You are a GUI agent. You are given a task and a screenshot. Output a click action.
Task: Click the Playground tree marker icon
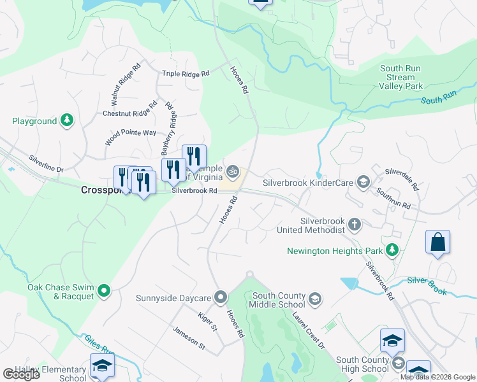coord(66,121)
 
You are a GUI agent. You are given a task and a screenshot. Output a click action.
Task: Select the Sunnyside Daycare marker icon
coord(221,297)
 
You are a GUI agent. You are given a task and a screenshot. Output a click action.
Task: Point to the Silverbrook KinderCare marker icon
coord(363,183)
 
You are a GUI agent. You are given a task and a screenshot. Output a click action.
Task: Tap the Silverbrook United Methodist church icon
coord(355,224)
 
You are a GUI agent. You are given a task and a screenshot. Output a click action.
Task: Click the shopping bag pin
coord(437,242)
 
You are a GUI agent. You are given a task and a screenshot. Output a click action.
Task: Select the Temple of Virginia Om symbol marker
coord(233,171)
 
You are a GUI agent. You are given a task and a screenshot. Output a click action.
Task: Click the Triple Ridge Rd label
coord(186,74)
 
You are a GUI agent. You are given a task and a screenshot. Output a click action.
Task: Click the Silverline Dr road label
coord(46,164)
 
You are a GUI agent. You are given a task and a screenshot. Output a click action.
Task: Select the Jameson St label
coord(189,337)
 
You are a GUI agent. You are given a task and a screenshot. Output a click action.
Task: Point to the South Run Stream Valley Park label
coord(401,77)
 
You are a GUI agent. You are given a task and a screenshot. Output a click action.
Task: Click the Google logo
coord(22,375)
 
